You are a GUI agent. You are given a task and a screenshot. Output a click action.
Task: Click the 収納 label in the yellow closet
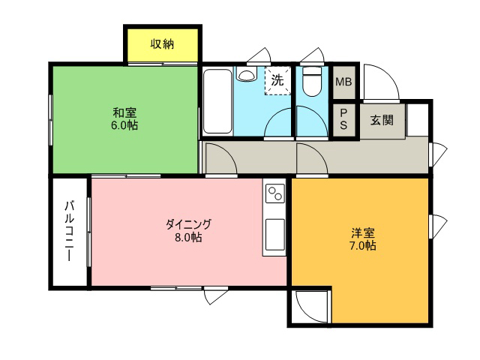coord(162,44)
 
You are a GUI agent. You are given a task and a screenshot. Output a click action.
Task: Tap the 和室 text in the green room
coord(124,112)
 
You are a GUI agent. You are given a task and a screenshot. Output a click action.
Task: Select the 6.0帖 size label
coord(124,125)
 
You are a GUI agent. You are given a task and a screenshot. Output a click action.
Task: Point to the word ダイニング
coord(188,224)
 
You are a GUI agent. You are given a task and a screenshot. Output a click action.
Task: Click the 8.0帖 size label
coord(188,237)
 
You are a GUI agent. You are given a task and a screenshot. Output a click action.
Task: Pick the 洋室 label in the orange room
coord(363,233)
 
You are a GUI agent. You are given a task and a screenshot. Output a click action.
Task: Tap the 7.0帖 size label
coord(363,246)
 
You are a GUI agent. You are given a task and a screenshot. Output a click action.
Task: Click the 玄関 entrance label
coord(382,120)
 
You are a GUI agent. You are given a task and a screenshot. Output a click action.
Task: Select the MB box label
coord(343,82)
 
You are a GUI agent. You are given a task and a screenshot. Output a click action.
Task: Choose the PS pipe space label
coord(343,119)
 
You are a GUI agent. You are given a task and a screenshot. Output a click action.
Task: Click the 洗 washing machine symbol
coord(277,80)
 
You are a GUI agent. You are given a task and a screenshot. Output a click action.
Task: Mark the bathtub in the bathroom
coord(217,101)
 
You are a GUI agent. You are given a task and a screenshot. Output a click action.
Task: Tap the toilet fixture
coord(312,82)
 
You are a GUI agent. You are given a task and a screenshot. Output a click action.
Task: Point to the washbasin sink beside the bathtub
coord(247,74)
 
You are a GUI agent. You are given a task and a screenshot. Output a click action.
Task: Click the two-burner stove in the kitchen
coord(275,193)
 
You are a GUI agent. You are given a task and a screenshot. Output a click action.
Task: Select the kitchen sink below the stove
coord(275,235)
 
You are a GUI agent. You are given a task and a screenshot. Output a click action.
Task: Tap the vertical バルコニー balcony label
coord(70,231)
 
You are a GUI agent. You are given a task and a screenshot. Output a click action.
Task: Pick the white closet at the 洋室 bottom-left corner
coord(309,306)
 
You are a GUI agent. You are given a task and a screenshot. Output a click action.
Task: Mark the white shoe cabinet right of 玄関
coord(417,120)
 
